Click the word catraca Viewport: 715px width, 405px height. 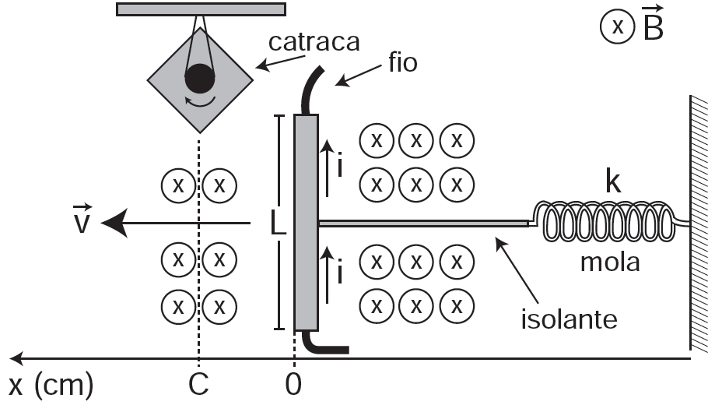(x=314, y=42)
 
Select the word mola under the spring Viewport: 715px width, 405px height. (x=609, y=262)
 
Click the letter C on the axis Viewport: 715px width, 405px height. (x=198, y=385)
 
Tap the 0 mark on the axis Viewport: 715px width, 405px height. (x=293, y=385)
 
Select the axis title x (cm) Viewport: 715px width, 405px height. (x=51, y=385)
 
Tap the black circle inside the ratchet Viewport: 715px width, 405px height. (x=199, y=78)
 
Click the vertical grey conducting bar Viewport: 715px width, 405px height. (x=306, y=223)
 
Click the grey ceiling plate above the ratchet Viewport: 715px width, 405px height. (x=201, y=9)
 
